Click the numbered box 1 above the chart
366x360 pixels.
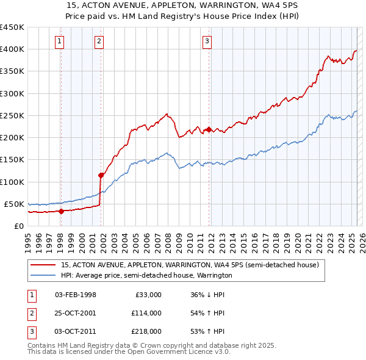(60, 41)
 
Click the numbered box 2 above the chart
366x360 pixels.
(99, 41)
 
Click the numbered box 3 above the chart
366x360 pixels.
(207, 41)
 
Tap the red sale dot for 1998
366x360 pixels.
(61, 211)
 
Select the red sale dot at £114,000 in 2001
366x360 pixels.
(101, 175)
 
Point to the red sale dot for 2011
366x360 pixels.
(209, 129)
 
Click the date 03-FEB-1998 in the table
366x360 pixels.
(76, 295)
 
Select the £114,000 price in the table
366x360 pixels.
(146, 313)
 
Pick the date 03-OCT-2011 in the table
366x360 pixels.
(76, 331)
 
